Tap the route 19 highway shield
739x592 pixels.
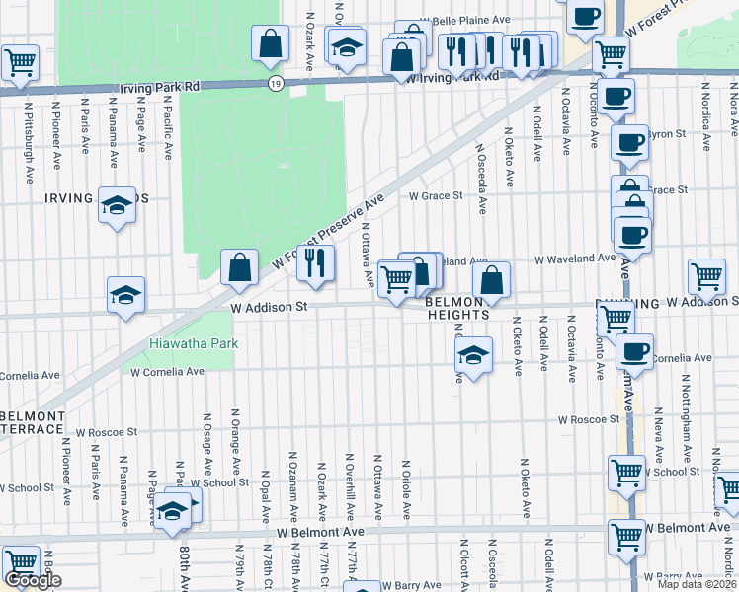point(274,86)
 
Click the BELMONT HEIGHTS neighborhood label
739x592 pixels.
point(457,308)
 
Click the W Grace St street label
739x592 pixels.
point(436,195)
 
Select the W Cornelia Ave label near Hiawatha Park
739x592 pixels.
point(166,372)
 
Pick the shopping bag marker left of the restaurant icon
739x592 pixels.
point(239,266)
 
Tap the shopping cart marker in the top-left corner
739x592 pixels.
point(20,63)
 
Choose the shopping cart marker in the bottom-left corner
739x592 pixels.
point(20,562)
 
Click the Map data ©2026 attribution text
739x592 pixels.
point(698,584)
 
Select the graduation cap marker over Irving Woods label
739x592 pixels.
point(117,205)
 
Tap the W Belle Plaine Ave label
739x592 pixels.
point(464,20)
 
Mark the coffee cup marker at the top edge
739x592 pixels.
point(586,17)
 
